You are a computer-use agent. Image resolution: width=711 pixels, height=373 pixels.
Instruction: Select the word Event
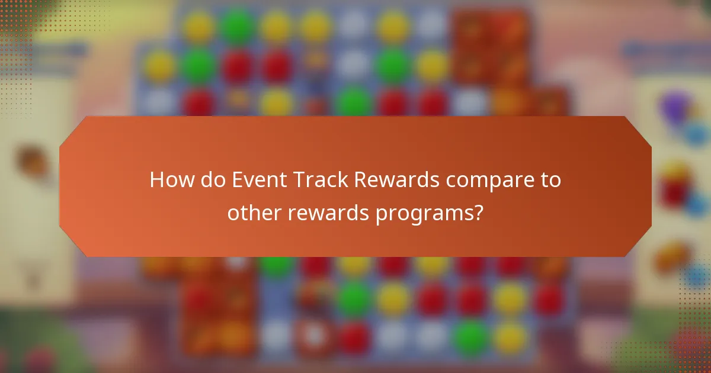coord(252,180)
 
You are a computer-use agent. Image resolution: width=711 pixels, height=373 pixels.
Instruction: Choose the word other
coord(252,212)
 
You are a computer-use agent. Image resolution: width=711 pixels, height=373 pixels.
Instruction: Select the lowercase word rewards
coord(326,212)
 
